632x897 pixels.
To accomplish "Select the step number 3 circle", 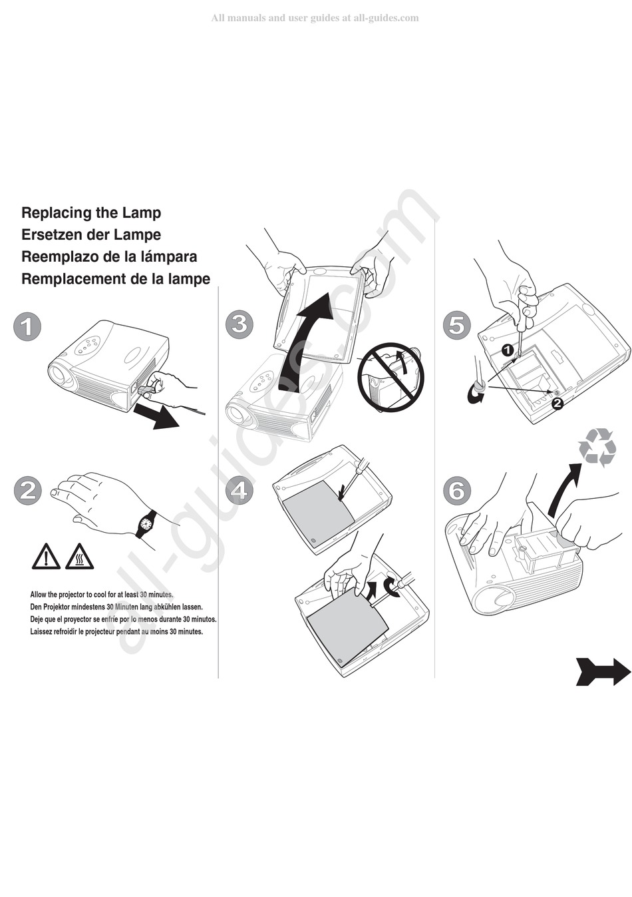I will [239, 324].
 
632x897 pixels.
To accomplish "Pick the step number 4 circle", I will [239, 490].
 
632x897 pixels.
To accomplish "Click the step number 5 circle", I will [456, 325].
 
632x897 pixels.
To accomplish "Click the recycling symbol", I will [597, 447].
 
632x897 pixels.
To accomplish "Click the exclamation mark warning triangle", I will [46, 557].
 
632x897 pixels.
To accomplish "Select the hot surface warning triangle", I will [79, 557].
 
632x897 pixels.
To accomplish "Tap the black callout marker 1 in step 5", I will [507, 349].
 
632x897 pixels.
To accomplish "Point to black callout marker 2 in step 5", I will [557, 402].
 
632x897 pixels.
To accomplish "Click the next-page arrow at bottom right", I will [603, 671].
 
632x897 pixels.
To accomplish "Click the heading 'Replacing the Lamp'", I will [91, 213].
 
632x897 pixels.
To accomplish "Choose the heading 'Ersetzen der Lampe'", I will [91, 235].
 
